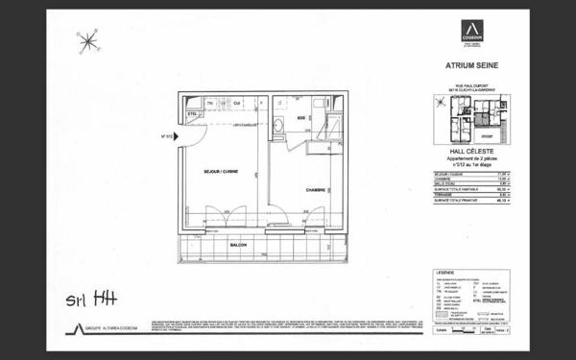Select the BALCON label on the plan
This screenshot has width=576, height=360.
tap(239, 245)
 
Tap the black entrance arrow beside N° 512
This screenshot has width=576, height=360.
tap(180, 136)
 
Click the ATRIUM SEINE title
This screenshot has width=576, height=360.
tap(472, 65)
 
